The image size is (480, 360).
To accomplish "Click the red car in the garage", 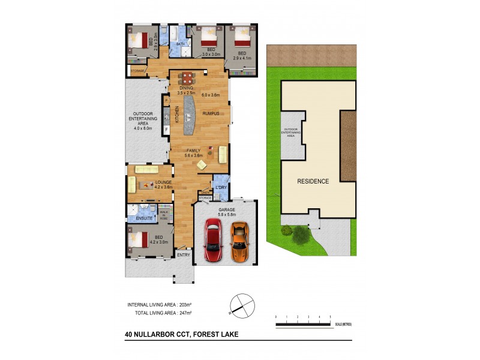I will [213, 240].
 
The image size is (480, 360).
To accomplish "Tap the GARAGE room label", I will [226, 210].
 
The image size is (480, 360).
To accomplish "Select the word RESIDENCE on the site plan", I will [313, 181].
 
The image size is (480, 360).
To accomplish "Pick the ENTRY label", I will [184, 255].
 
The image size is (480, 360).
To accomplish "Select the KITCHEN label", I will [176, 115].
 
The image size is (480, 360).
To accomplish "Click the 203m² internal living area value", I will [182, 305].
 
